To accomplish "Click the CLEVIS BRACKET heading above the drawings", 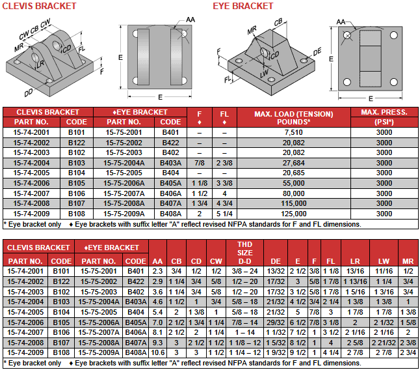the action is (39, 6).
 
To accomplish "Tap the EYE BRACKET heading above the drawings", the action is (243, 6).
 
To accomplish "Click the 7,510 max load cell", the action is (294, 132).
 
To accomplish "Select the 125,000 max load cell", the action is (294, 214).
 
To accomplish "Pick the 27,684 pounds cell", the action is (294, 163).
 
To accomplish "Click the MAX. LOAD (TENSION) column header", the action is (294, 114).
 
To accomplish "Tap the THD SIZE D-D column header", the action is (245, 253).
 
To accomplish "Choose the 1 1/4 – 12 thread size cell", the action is (245, 352).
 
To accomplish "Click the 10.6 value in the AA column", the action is (157, 352).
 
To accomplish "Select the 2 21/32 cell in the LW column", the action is (384, 343).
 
